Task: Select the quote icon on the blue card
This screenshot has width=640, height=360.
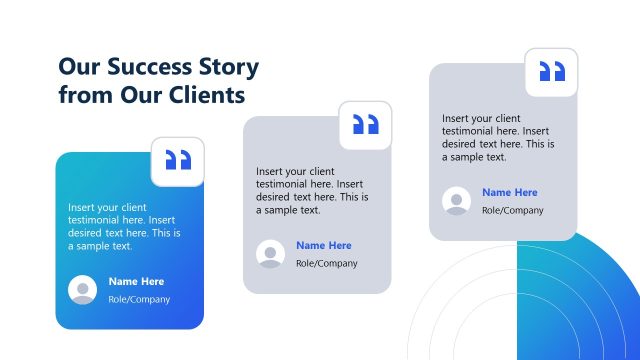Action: (x=177, y=161)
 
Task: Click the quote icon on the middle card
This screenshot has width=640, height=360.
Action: (x=365, y=125)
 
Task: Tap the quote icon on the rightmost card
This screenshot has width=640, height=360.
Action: (x=552, y=72)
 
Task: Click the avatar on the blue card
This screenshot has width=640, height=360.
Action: (x=82, y=290)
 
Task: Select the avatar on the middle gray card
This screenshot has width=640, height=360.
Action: (x=270, y=254)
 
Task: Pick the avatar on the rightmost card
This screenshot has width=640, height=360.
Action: (x=457, y=201)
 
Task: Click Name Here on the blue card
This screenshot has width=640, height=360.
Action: (x=136, y=281)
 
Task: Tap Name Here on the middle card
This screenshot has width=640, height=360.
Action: (x=324, y=245)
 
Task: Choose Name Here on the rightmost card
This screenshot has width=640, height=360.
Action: (x=510, y=192)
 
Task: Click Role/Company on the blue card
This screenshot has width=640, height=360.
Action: (x=139, y=299)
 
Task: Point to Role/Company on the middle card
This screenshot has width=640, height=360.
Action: (x=327, y=263)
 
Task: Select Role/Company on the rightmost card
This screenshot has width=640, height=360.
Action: (x=513, y=210)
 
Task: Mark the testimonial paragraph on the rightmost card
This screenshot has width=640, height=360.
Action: (x=496, y=137)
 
